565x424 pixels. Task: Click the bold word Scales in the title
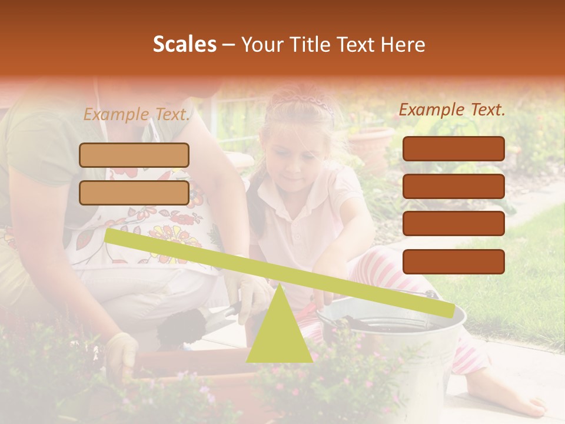click(184, 44)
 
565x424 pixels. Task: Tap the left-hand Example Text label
click(137, 114)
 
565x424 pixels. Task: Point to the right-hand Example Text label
click(452, 110)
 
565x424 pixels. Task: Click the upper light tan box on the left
click(134, 155)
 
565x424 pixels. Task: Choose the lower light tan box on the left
click(134, 193)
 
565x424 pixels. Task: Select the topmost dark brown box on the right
click(453, 148)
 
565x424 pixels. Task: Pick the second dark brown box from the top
click(453, 186)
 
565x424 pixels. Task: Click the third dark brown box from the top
click(453, 224)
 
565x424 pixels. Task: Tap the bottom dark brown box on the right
click(453, 261)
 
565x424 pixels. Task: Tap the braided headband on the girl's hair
click(306, 102)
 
